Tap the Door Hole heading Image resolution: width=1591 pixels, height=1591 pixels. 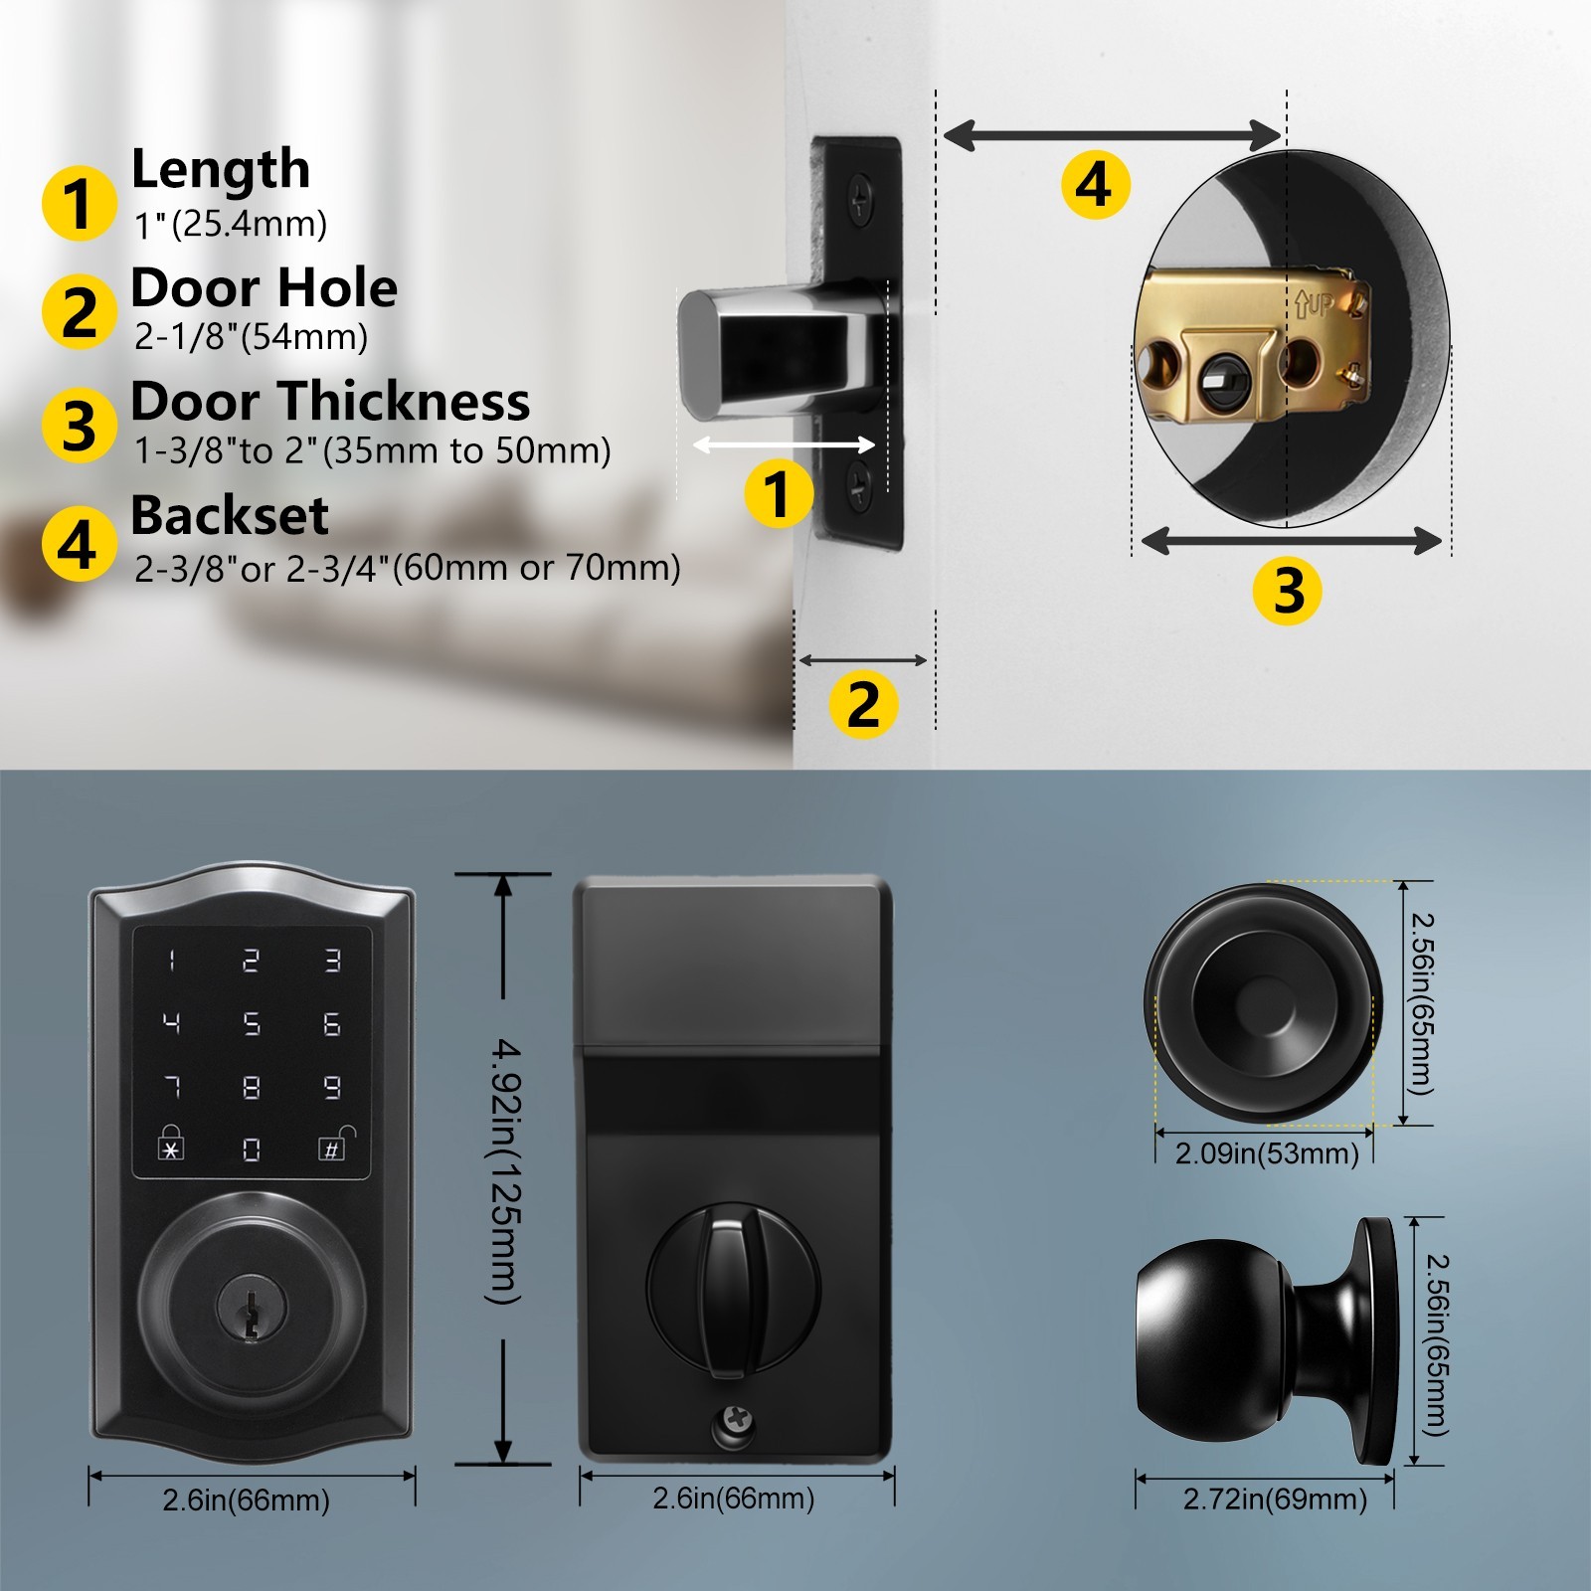coord(264,288)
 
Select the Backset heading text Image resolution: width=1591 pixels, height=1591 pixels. coord(229,515)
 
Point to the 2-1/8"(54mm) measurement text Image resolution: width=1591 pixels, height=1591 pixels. coord(252,337)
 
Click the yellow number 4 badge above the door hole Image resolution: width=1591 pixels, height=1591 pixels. coord(1095,184)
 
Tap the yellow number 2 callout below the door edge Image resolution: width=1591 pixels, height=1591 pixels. coord(863,705)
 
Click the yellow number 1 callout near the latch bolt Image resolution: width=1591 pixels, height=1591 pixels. coord(779,494)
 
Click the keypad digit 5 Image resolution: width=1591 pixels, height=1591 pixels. coord(252,1023)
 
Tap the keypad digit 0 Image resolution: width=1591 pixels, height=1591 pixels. coord(252,1149)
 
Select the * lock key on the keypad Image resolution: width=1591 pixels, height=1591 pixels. coord(171,1145)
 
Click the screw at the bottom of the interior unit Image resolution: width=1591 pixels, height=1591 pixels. coord(737,1424)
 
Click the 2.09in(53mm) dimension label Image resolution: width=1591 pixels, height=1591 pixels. coord(1267,1153)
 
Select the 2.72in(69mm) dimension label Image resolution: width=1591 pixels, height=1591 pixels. coord(1275,1499)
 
